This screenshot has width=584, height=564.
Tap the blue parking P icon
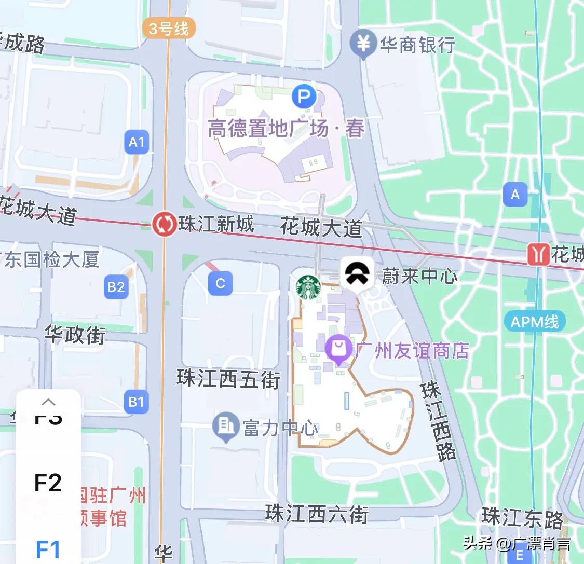click(304, 97)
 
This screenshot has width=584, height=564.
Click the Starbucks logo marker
click(308, 287)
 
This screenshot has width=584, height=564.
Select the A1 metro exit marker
click(137, 142)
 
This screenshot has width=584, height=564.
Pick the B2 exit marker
click(116, 287)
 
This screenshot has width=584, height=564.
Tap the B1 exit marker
click(136, 402)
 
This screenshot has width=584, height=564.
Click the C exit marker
click(220, 283)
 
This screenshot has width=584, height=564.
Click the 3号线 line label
click(168, 28)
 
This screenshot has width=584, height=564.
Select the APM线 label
click(534, 322)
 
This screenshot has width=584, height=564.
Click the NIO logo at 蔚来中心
click(357, 273)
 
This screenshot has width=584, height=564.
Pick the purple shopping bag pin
click(339, 348)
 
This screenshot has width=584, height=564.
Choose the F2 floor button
click(48, 483)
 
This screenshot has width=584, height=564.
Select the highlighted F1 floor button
click(48, 549)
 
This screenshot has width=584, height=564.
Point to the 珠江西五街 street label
click(228, 379)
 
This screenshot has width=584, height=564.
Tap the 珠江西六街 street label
click(317, 514)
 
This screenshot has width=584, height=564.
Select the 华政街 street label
click(75, 334)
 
